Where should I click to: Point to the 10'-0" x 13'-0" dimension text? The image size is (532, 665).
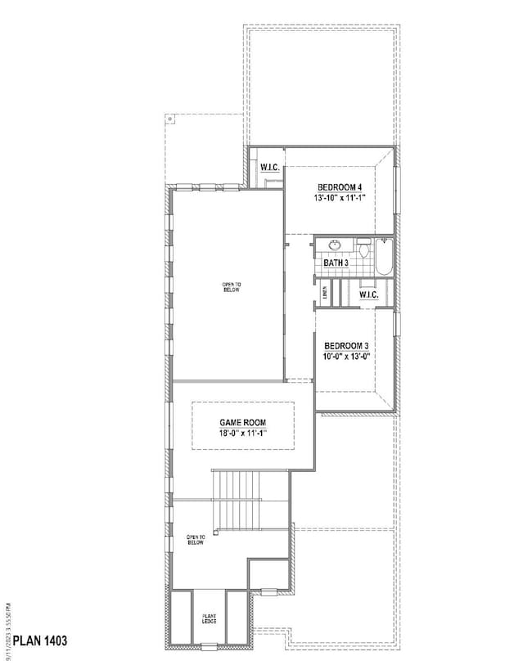tap(346, 356)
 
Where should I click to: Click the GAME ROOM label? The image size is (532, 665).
tap(242, 422)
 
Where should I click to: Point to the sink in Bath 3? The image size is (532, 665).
tap(335, 245)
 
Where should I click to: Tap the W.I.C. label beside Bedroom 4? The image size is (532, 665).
tap(270, 168)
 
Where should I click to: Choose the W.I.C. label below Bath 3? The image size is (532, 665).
tap(367, 294)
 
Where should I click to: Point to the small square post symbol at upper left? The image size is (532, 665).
tap(169, 119)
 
